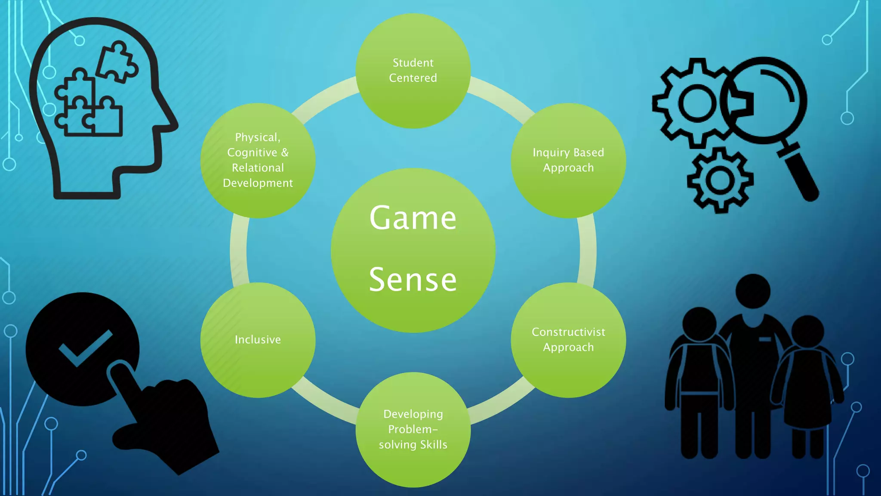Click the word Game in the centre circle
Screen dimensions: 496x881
click(413, 218)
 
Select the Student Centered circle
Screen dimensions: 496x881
click(413, 71)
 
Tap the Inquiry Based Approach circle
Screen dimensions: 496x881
click(568, 160)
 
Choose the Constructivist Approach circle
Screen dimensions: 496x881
click(568, 340)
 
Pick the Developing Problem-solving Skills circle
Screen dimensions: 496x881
click(413, 429)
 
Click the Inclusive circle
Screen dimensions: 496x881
click(258, 340)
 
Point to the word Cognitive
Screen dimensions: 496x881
click(252, 152)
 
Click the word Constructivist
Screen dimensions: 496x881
click(568, 332)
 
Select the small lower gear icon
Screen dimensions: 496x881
click(720, 180)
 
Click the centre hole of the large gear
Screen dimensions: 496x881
click(697, 103)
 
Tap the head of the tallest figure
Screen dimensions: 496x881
click(753, 291)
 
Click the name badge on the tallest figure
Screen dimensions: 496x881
click(765, 340)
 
